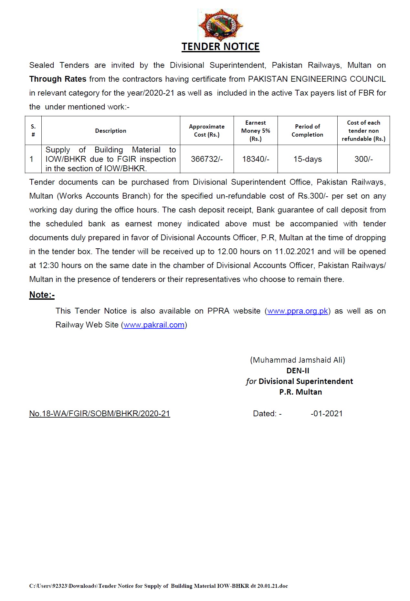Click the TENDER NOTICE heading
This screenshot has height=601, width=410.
click(x=220, y=47)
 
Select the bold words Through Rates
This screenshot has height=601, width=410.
click(x=58, y=79)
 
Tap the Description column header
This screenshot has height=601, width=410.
click(x=110, y=131)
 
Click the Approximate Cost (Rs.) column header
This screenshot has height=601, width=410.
click(x=207, y=131)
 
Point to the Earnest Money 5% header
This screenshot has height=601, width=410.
click(x=256, y=131)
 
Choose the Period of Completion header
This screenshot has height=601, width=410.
click(x=307, y=131)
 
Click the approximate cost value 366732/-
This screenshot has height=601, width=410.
click(x=207, y=159)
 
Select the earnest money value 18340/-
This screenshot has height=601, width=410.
click(x=256, y=159)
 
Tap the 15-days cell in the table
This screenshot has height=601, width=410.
click(x=308, y=159)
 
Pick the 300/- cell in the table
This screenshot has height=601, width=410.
click(x=363, y=159)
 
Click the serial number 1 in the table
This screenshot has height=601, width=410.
click(x=32, y=159)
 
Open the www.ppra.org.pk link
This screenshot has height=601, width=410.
click(x=298, y=311)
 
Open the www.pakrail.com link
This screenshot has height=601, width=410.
click(x=154, y=325)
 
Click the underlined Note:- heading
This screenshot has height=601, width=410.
click(x=42, y=295)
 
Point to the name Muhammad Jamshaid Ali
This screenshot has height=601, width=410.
click(x=298, y=360)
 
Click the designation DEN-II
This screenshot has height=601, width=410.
click(x=298, y=371)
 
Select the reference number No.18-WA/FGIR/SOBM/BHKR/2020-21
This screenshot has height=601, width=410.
click(x=100, y=414)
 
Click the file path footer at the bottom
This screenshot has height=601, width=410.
click(x=158, y=586)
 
